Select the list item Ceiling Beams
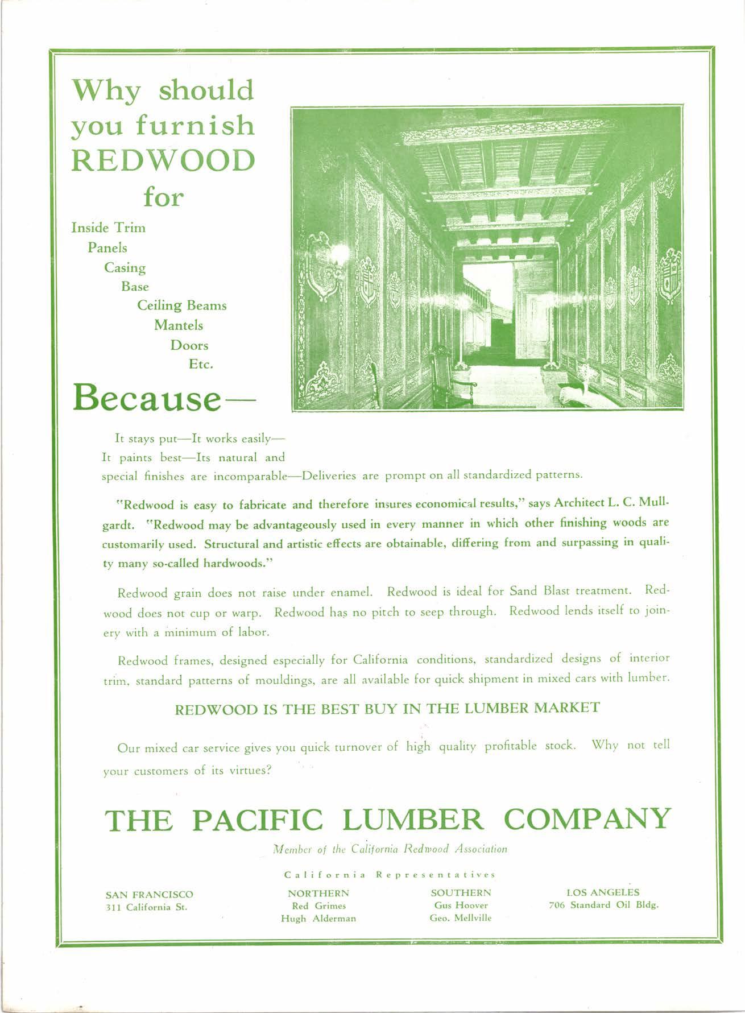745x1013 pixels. coord(182,305)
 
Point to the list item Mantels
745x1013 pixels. coord(179,325)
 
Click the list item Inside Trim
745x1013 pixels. coord(108,228)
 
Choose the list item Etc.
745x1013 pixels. coord(201,364)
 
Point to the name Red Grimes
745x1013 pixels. coord(318,906)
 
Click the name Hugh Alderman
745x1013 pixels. coord(318,918)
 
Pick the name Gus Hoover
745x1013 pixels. coord(461,905)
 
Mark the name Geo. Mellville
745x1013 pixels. coord(461,918)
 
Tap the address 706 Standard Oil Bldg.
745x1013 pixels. coord(603,905)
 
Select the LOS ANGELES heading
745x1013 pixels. coord(603,892)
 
